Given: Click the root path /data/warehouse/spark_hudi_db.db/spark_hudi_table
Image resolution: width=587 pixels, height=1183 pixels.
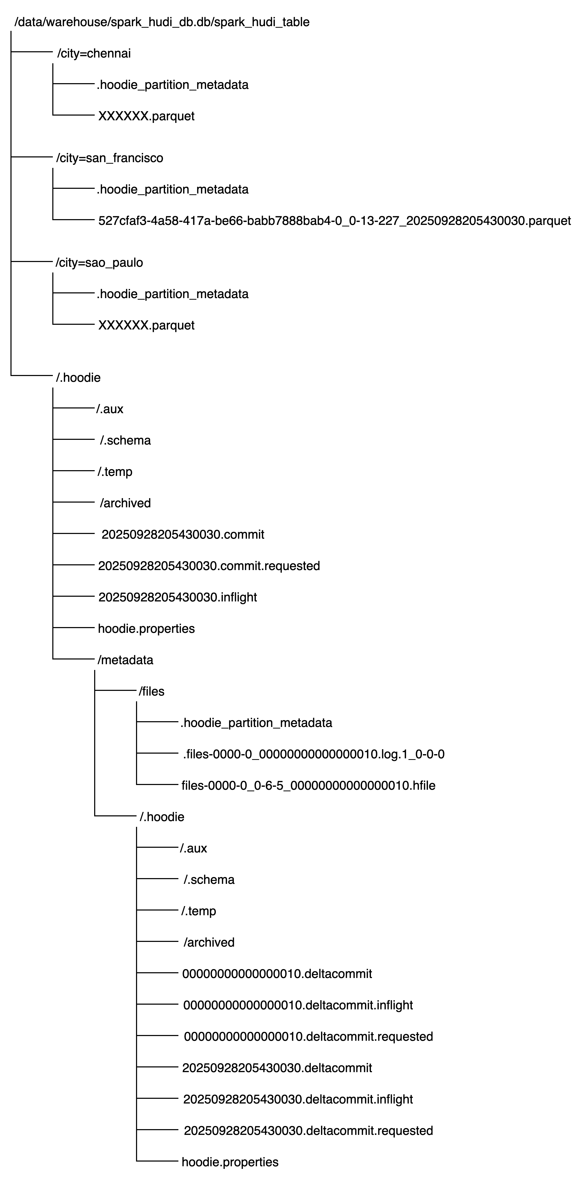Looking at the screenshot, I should tap(162, 22).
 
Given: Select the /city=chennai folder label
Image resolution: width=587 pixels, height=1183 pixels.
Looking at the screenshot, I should tap(94, 54).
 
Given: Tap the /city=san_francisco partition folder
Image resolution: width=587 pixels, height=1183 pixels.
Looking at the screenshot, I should tap(109, 158).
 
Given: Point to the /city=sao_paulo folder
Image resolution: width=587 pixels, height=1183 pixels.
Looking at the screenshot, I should tap(99, 263).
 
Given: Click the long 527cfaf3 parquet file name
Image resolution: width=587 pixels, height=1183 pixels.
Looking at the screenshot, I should tap(334, 221).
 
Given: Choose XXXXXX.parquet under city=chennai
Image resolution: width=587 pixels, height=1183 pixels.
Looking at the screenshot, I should tap(146, 116).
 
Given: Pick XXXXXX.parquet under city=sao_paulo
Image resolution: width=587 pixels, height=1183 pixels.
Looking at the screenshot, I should tap(146, 325).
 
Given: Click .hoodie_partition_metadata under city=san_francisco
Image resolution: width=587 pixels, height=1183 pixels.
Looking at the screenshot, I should tap(172, 190).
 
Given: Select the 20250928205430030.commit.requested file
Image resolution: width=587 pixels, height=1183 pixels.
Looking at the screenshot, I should tap(209, 566).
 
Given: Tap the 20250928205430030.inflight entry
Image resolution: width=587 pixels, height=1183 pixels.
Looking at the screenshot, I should tap(177, 597).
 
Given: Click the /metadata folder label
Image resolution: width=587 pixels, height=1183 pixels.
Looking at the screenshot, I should tap(125, 660).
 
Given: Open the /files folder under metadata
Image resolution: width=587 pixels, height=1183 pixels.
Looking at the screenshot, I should tap(151, 691).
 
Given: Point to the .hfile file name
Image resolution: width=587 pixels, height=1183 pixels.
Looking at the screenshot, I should tap(308, 785).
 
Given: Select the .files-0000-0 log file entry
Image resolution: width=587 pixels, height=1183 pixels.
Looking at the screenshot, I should tap(314, 754).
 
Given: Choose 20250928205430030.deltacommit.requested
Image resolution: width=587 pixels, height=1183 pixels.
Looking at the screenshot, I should tap(308, 1131).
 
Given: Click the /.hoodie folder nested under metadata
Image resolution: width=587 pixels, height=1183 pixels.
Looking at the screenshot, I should tap(162, 817).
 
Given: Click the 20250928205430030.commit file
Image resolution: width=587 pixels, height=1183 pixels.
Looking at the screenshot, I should tap(183, 534).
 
